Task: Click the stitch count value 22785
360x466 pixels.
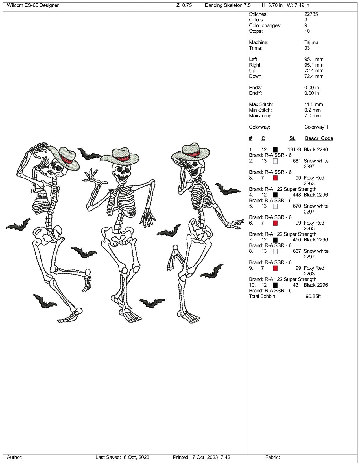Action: (x=311, y=14)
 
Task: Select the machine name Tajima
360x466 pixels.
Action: (x=311, y=42)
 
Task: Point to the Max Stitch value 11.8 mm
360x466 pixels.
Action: (x=313, y=104)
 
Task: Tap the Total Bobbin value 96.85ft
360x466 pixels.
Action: (x=313, y=296)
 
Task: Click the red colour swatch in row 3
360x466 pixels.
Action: (x=275, y=178)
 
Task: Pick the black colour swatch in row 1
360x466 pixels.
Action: (x=275, y=150)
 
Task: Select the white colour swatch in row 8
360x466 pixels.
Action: (x=275, y=251)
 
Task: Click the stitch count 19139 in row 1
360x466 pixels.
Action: (x=294, y=150)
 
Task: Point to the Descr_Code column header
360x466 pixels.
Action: (x=319, y=138)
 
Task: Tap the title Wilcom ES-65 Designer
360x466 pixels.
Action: (x=33, y=5)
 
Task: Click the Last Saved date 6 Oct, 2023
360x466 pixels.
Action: (x=136, y=457)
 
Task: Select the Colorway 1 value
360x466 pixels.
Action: (x=316, y=127)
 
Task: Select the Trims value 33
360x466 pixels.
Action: (x=307, y=48)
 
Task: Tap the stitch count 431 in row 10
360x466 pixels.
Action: (x=297, y=285)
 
